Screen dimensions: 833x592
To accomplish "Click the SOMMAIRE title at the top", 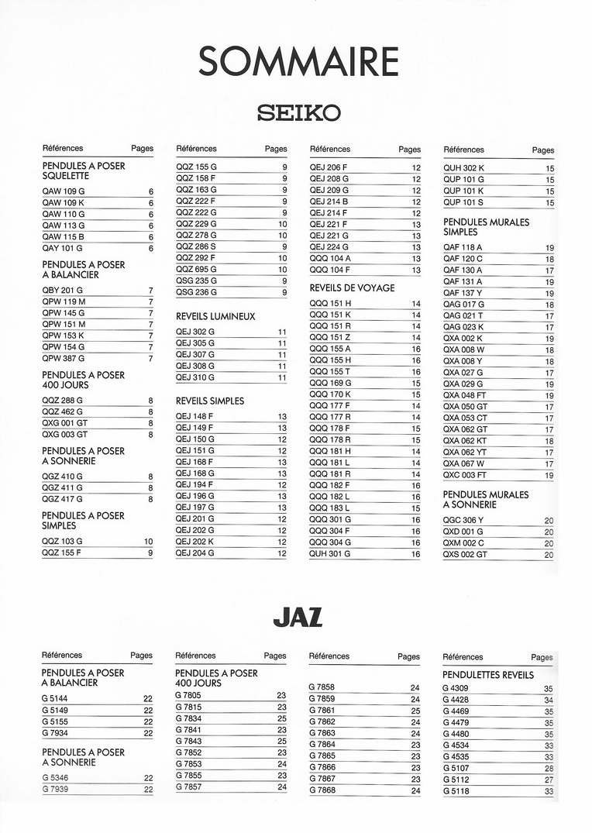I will click(x=298, y=62).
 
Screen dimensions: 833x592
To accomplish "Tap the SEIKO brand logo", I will click(x=298, y=113).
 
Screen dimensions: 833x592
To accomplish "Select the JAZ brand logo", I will click(x=298, y=618).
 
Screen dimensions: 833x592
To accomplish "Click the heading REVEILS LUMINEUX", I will click(x=215, y=317).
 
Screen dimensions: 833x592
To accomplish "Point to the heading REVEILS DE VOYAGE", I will click(x=352, y=288).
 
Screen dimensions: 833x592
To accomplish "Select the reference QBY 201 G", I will click(x=63, y=290).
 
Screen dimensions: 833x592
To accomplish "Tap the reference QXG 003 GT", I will click(x=65, y=435).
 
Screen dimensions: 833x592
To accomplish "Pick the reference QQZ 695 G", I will click(x=196, y=270).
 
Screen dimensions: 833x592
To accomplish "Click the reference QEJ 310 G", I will click(x=195, y=377).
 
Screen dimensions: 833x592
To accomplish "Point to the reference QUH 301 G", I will click(x=330, y=554).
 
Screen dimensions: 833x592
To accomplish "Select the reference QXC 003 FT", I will click(x=465, y=475).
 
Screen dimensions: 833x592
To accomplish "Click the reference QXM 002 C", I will click(x=463, y=543).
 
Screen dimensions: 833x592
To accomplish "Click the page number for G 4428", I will click(x=549, y=700).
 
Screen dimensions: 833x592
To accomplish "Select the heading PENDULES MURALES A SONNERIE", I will click(x=486, y=500).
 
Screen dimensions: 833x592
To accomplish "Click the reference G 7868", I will click(x=322, y=790).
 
